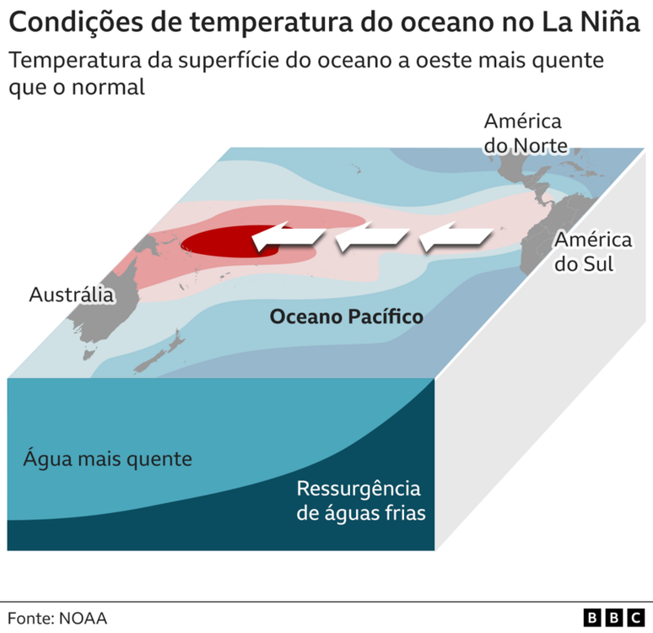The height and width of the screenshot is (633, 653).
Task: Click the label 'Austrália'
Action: (71, 295)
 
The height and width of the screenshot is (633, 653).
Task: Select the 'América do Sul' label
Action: (592, 252)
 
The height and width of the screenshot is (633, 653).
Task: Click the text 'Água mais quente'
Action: (107, 460)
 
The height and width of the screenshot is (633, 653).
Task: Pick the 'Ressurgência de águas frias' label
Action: (358, 500)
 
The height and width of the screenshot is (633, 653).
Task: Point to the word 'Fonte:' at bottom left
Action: (30, 618)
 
